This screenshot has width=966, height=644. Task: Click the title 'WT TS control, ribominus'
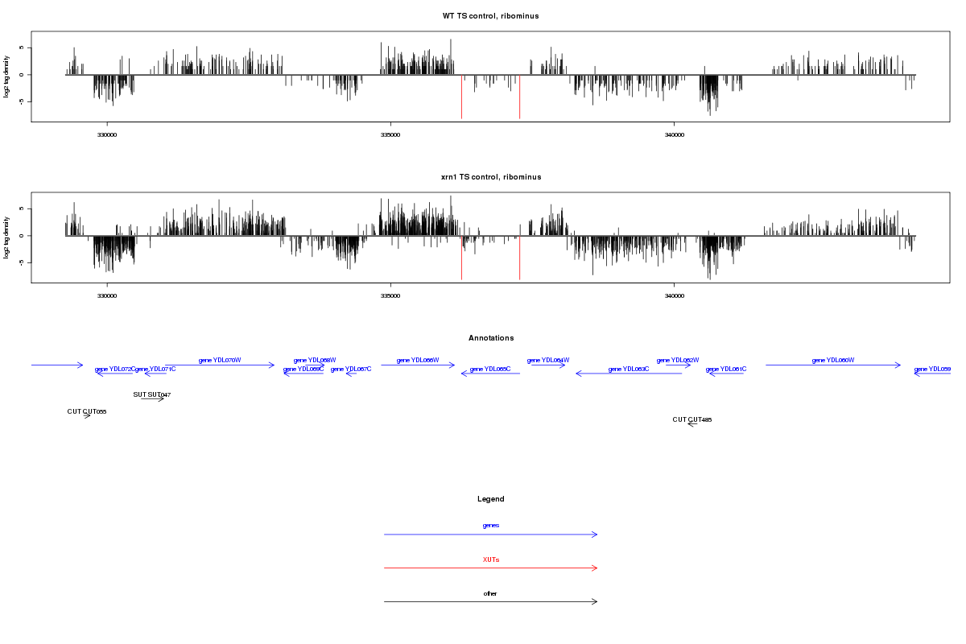490,16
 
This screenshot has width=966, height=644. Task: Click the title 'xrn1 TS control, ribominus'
490,177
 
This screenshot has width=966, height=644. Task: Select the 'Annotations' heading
490,338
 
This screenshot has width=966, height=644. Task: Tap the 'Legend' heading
490,499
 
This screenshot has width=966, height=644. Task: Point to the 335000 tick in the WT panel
390,135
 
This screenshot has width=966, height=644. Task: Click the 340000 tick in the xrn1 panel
674,296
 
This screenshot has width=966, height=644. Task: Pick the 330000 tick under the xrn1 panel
107,296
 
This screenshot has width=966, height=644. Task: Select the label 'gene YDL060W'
833,360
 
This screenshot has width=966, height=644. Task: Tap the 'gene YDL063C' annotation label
629,369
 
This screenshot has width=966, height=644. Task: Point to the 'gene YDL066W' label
418,360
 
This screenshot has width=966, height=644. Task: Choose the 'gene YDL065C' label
490,369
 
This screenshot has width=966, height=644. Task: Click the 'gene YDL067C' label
351,369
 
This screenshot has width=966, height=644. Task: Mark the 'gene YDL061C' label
726,369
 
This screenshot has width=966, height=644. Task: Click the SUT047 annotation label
152,394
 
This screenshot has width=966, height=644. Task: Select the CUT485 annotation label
692,419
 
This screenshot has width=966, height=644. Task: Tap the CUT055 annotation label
87,411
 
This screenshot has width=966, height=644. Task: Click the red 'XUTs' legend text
490,559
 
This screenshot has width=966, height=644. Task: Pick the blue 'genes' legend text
490,525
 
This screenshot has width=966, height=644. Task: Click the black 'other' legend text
490,593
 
